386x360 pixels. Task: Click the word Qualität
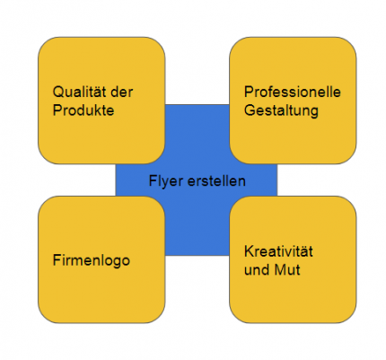pyautogui.click(x=80, y=92)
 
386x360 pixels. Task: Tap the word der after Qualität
pyautogui.click(x=122, y=92)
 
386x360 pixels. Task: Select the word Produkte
pyautogui.click(x=83, y=110)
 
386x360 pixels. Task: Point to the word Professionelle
pyautogui.click(x=293, y=92)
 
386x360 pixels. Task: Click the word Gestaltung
pyautogui.click(x=281, y=111)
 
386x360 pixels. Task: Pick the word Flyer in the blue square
pyautogui.click(x=166, y=182)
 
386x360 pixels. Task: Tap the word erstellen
pyautogui.click(x=216, y=181)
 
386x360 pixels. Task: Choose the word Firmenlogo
pyautogui.click(x=92, y=261)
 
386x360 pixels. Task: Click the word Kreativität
pyautogui.click(x=278, y=251)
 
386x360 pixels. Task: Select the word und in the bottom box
pyautogui.click(x=257, y=269)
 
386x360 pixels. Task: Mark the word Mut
pyautogui.click(x=287, y=269)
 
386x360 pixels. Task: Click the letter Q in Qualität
pyautogui.click(x=58, y=92)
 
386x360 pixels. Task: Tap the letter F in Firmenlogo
pyautogui.click(x=57, y=260)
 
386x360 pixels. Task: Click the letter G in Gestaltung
pyautogui.click(x=250, y=110)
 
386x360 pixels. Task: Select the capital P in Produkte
pyautogui.click(x=57, y=110)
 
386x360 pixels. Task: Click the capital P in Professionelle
pyautogui.click(x=249, y=92)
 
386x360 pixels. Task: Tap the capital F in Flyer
pyautogui.click(x=153, y=181)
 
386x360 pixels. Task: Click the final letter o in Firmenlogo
pyautogui.click(x=126, y=261)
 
